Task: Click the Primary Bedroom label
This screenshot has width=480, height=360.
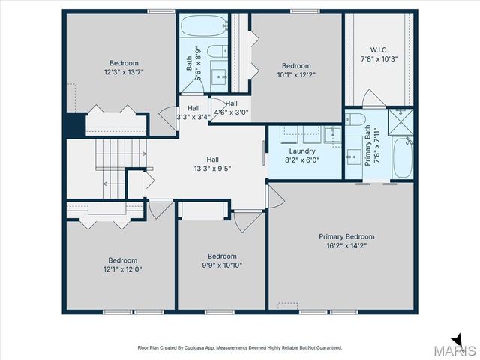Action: [x=346, y=237]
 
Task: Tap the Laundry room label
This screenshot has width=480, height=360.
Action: [x=302, y=151]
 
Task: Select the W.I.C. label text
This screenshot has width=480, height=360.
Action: [x=379, y=50]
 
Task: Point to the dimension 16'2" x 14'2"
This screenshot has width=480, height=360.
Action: [x=346, y=245]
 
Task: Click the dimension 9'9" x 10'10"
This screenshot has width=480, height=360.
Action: [x=222, y=265]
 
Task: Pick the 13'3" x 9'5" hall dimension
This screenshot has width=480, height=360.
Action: [x=212, y=168]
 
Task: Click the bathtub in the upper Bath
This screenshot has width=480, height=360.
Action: [x=203, y=25]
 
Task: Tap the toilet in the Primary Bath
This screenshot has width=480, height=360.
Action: [x=355, y=119]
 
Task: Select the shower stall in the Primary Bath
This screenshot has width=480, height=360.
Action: [x=400, y=121]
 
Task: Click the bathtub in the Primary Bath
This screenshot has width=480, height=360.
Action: [x=403, y=157]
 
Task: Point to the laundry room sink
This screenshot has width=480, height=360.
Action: [x=333, y=134]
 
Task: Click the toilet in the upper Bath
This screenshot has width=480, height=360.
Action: [x=217, y=51]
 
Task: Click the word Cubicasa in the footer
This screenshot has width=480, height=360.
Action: [x=194, y=348]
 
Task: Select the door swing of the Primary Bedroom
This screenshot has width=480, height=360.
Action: [x=277, y=196]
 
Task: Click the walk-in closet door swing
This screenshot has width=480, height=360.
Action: [x=374, y=98]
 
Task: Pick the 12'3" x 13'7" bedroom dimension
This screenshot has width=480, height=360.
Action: [x=124, y=72]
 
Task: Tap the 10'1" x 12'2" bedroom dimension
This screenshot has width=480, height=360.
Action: [x=296, y=75]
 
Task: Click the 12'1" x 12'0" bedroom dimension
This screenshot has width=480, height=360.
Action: [x=122, y=269]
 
